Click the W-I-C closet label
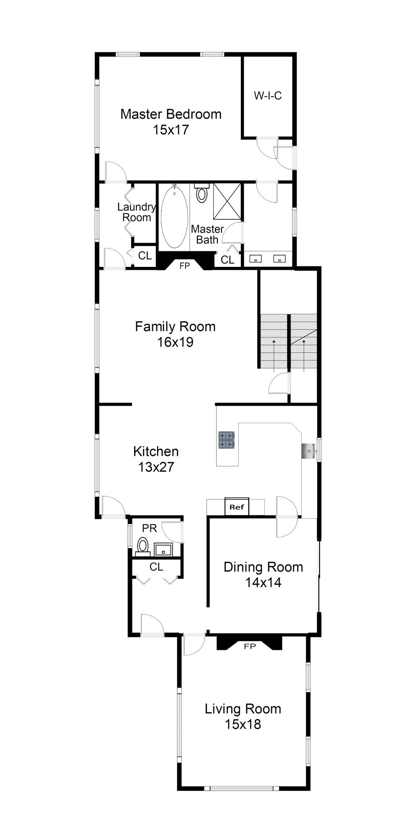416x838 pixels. (268, 96)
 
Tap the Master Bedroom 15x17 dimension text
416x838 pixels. (171, 130)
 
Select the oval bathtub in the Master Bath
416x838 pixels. (174, 217)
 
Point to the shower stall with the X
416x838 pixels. (227, 201)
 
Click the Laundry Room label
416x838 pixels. (137, 212)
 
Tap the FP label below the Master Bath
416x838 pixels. (185, 266)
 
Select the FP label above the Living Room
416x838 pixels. (250, 646)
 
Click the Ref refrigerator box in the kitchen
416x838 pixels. (237, 507)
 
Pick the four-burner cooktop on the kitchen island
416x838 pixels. (226, 440)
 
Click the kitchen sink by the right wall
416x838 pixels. (308, 451)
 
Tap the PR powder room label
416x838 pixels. (150, 528)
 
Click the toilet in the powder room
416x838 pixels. (143, 546)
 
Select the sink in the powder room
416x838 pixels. (163, 549)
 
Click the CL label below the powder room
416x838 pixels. (156, 567)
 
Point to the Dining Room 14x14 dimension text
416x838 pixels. (263, 582)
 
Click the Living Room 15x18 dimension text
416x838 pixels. (243, 724)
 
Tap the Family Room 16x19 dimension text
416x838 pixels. (175, 342)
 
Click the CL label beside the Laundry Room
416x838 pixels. (145, 256)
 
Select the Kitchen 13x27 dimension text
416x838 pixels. (156, 467)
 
